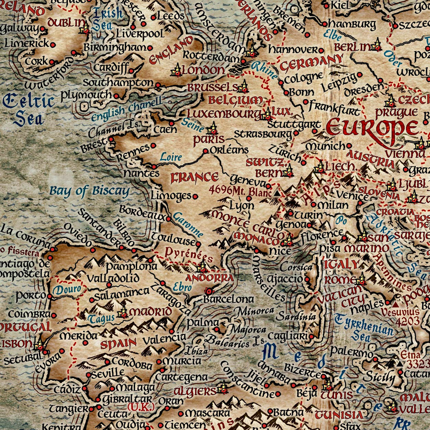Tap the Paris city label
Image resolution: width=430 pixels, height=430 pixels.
pyautogui.click(x=209, y=140)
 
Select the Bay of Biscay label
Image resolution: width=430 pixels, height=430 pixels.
pyautogui.click(x=89, y=192)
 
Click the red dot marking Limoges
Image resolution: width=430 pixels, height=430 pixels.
pyautogui.click(x=195, y=196)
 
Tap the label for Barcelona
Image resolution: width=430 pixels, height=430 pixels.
pyautogui.click(x=228, y=299)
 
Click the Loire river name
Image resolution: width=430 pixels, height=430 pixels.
pyautogui.click(x=171, y=157)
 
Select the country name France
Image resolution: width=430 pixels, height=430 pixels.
pyautogui.click(x=194, y=178)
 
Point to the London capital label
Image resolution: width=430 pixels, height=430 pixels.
pyautogui.click(x=203, y=70)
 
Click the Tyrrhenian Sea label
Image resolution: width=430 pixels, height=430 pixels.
pyautogui.click(x=365, y=327)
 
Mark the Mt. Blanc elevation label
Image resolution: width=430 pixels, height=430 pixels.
pyautogui.click(x=240, y=189)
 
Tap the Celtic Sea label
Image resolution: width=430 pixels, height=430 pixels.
pyautogui.click(x=29, y=109)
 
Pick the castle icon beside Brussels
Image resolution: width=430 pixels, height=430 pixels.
pyautogui.click(x=244, y=86)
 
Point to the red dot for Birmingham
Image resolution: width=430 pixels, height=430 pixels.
pyautogui.click(x=150, y=48)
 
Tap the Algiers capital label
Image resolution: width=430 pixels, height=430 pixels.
pyautogui.click(x=194, y=391)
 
